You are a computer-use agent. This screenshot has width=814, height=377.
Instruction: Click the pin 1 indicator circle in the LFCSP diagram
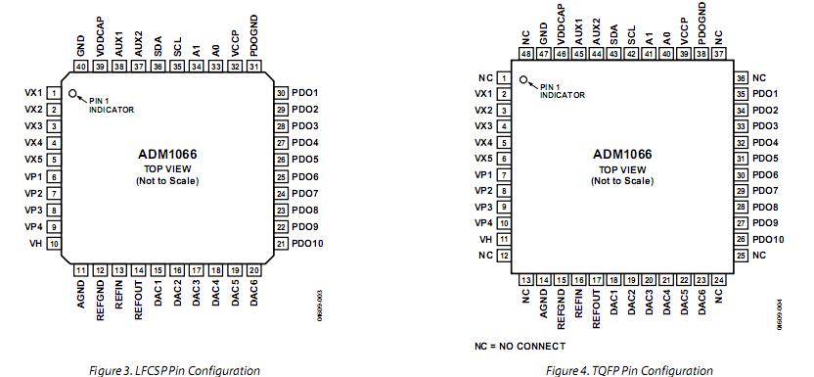tap(72, 95)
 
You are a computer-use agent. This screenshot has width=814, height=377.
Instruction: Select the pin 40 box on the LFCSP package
tap(81, 67)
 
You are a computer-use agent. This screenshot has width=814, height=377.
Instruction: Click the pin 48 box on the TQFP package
tap(525, 55)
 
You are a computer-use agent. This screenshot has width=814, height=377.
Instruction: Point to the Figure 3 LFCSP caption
tap(172, 370)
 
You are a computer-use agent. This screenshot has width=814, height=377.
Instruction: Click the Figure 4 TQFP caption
tap(629, 370)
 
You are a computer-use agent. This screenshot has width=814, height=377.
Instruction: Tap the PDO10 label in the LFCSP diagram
tap(307, 243)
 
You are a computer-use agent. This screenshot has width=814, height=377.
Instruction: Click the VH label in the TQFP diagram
tap(485, 238)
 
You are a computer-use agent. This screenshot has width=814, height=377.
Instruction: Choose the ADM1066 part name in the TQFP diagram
tap(622, 154)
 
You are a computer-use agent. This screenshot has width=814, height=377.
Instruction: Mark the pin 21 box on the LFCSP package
tap(281, 243)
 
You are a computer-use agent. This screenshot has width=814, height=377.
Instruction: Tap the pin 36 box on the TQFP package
tap(742, 77)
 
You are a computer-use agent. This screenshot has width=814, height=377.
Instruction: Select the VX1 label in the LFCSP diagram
tap(32, 93)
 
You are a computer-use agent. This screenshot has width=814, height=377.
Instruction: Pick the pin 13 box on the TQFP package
tap(525, 280)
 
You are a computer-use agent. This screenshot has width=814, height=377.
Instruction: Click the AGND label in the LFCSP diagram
tap(81, 293)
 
